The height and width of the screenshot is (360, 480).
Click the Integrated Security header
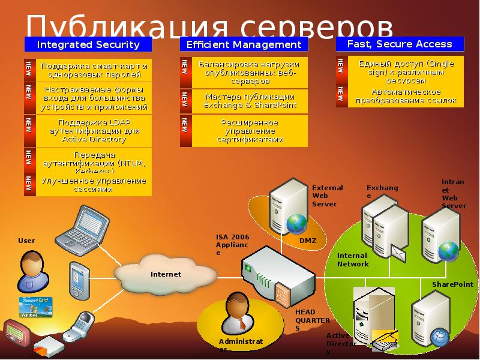point(88,44)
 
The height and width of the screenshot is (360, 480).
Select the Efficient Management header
point(244,44)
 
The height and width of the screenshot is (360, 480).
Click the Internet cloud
point(165,274)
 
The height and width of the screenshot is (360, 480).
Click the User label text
point(26,241)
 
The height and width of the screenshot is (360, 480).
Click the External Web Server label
point(328,196)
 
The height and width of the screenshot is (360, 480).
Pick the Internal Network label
point(353,260)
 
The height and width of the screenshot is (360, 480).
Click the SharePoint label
point(449,284)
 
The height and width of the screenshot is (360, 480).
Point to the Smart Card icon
point(37,306)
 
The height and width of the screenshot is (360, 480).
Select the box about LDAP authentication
point(94,131)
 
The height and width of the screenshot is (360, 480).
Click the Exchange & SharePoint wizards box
point(249,101)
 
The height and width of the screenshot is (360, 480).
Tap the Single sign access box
point(406,71)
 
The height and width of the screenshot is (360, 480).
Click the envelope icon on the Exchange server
point(398,250)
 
